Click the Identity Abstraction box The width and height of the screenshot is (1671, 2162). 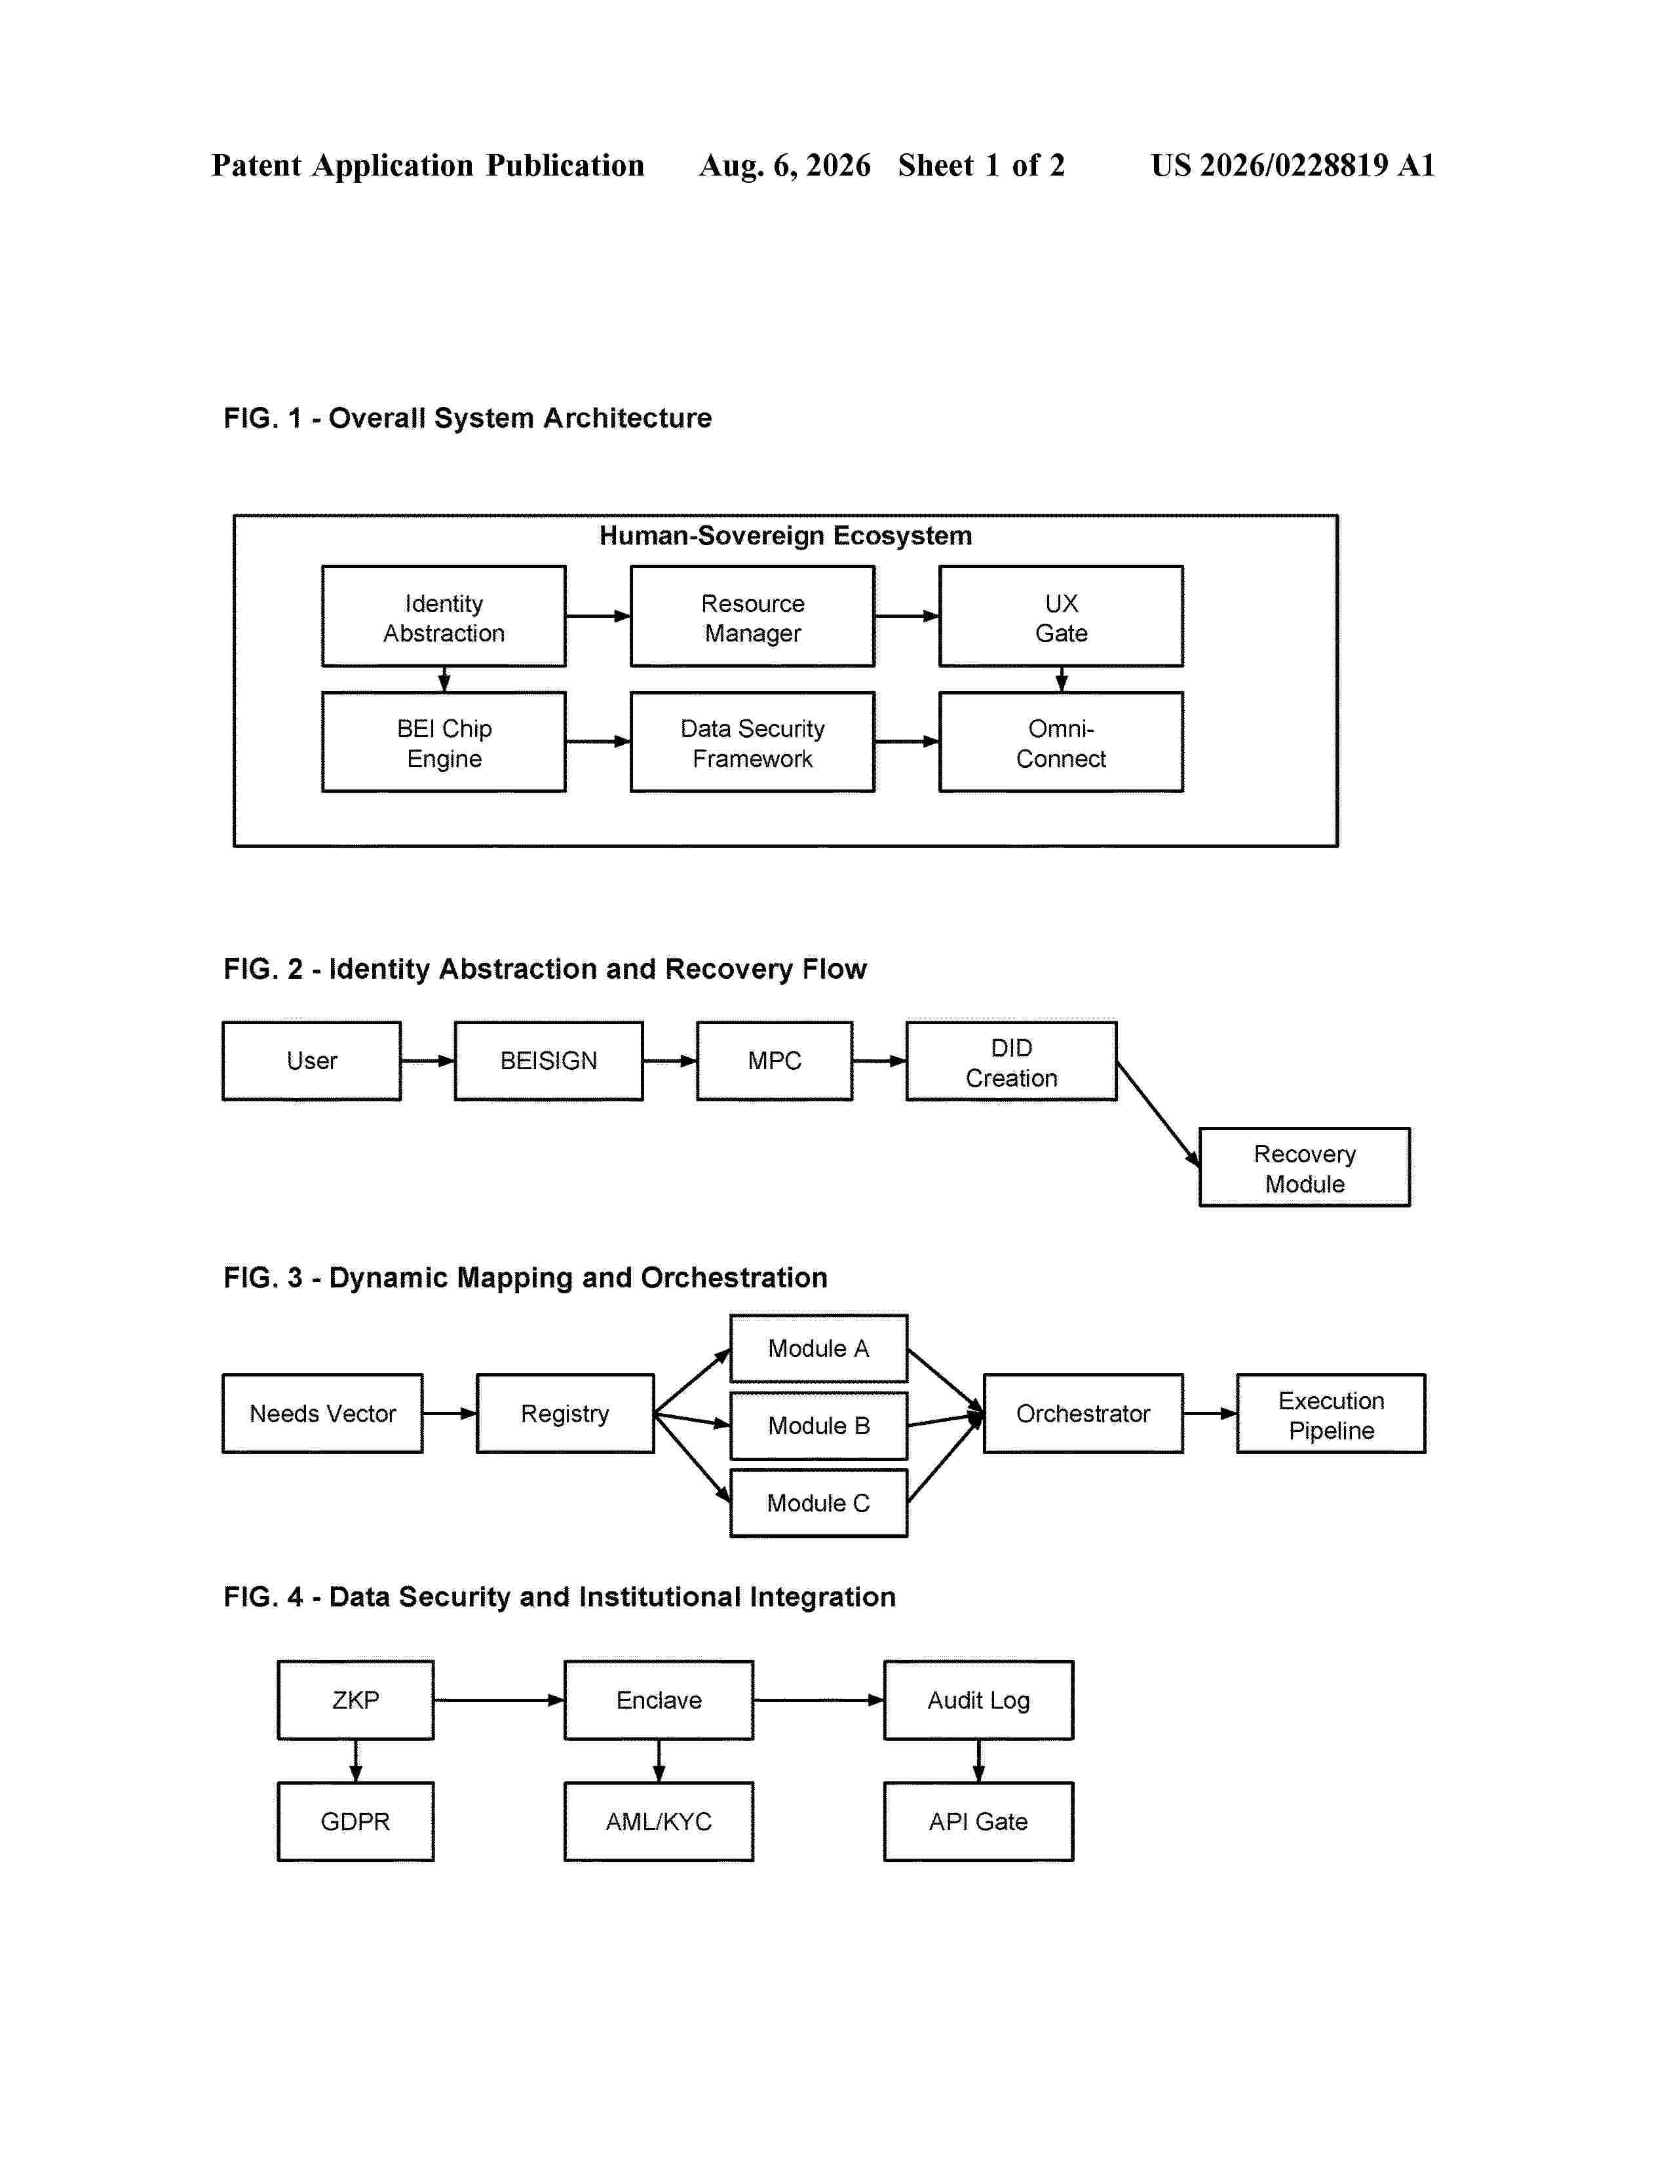(x=444, y=616)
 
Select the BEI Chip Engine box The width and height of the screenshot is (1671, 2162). (x=444, y=742)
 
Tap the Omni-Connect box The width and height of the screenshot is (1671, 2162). (x=1060, y=742)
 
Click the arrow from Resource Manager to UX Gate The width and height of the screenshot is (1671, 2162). (x=907, y=616)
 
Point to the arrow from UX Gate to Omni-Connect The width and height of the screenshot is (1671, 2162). (x=1061, y=679)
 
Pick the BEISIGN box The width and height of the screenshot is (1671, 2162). (x=548, y=1060)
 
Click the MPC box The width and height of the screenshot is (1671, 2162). (x=774, y=1060)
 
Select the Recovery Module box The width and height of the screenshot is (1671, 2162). (x=1304, y=1167)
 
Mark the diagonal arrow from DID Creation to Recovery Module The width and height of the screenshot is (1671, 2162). (x=1158, y=1114)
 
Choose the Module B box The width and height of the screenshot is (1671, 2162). (x=818, y=1426)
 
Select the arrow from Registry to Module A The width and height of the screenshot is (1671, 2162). (x=693, y=1381)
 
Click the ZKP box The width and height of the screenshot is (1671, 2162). (x=355, y=1699)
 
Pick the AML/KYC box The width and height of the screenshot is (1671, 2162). (x=659, y=1821)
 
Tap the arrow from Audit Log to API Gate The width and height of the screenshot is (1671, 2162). (x=978, y=1761)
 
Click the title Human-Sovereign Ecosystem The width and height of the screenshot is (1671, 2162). (x=785, y=535)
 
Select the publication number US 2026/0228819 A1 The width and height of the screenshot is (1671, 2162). (x=1293, y=165)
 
